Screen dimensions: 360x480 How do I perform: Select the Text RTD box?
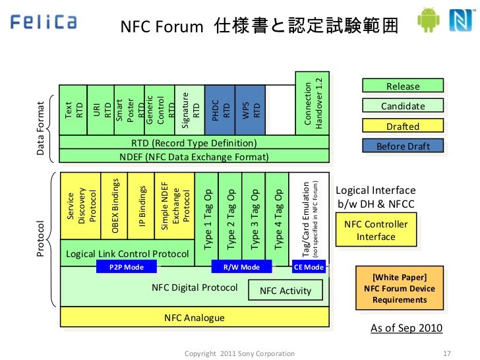point(73,110)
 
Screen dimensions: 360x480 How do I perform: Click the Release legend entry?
point(403,86)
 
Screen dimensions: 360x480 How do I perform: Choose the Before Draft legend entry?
point(403,146)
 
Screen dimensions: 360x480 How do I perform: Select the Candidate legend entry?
point(403,106)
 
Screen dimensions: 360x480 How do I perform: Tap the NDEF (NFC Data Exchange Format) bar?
point(194,157)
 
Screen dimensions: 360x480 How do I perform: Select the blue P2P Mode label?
point(128,267)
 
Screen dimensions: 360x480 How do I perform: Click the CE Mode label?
point(309,267)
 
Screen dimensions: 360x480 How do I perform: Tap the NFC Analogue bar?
point(194,318)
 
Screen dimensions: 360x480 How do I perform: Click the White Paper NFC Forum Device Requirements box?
point(399,288)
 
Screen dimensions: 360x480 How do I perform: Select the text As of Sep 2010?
point(406,328)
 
